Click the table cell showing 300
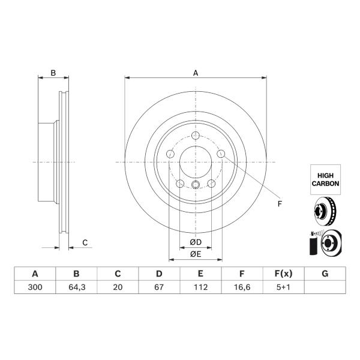[x=35, y=287]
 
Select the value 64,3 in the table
[x=77, y=287]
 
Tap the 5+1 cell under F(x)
[x=283, y=287]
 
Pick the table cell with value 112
[x=200, y=287]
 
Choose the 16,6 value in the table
[x=242, y=287]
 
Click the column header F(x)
[x=283, y=274]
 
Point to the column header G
[x=325, y=274]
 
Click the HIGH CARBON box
[x=325, y=179]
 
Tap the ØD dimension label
[x=196, y=242]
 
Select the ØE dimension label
[x=196, y=254]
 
